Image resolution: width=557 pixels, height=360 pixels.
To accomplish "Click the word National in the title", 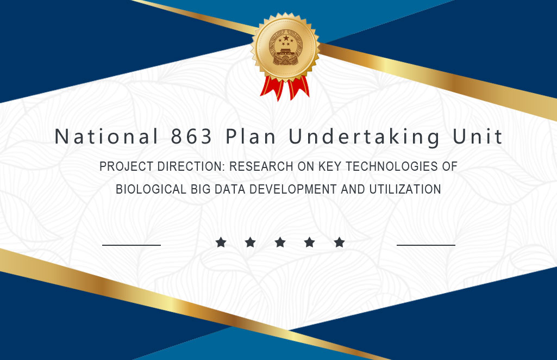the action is tap(106, 136).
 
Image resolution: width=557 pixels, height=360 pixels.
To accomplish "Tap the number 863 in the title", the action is tap(191, 136).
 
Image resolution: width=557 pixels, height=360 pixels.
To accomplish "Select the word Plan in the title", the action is tap(251, 136).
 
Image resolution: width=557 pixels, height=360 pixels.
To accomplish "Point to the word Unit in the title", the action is tap(478, 136).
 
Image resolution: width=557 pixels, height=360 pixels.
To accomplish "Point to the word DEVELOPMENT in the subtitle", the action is tap(293, 189).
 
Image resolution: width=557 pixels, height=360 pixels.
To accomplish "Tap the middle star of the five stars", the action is tap(280, 243).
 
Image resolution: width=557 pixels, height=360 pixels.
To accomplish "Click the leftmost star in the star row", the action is tap(221, 243).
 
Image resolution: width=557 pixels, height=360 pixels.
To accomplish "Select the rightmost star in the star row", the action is tap(339, 243).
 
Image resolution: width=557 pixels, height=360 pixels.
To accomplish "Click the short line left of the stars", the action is tap(132, 245).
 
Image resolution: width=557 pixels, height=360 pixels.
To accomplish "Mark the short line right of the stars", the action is tap(426, 245).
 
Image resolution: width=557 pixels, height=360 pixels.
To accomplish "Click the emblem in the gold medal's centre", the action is tap(286, 48).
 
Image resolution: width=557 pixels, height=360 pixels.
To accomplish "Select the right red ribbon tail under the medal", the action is tap(298, 88).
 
